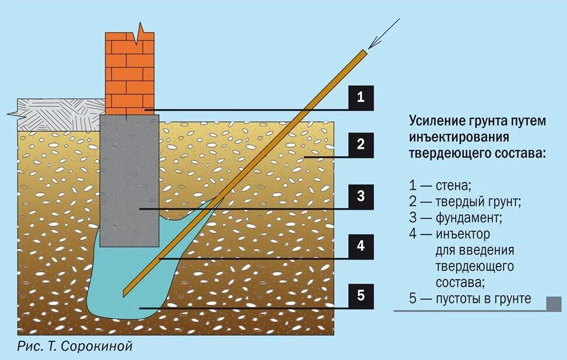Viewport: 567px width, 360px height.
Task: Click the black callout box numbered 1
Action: click(x=360, y=97)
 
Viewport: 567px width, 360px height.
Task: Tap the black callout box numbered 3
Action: click(x=360, y=196)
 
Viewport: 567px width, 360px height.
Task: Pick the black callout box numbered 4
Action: click(x=360, y=246)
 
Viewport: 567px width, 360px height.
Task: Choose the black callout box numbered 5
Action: click(x=360, y=295)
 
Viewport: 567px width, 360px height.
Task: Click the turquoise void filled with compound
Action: click(x=117, y=286)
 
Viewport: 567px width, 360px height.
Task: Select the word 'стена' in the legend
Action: click(x=452, y=186)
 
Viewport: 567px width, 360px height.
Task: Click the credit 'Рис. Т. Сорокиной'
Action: click(x=75, y=346)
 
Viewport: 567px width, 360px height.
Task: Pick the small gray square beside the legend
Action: click(x=553, y=303)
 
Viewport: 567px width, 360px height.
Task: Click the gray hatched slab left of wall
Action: click(x=58, y=114)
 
